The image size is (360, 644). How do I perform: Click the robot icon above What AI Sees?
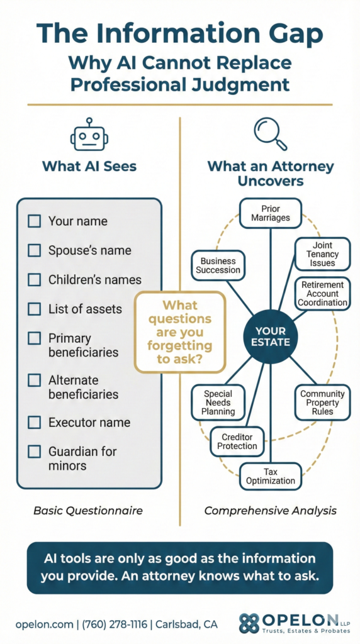(x=89, y=136)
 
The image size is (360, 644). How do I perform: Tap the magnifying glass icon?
(x=269, y=133)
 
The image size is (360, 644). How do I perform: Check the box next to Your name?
(x=35, y=221)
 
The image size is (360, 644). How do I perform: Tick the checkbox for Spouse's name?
(x=35, y=250)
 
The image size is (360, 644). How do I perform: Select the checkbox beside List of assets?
(x=35, y=309)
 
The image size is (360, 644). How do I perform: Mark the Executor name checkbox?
(x=35, y=423)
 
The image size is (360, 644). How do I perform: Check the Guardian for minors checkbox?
(x=35, y=452)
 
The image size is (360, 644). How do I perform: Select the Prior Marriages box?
(x=271, y=213)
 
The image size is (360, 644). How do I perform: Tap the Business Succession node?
(x=218, y=265)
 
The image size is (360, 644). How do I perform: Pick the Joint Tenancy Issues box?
(x=322, y=254)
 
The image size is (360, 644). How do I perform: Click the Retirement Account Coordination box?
(x=323, y=294)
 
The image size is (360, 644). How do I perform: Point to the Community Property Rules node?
(x=322, y=402)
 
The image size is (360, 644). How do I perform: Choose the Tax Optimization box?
(x=271, y=476)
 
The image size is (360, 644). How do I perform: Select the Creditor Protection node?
(x=237, y=441)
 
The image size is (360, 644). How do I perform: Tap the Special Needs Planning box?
(x=218, y=402)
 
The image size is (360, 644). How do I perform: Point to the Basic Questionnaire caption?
(x=88, y=511)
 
